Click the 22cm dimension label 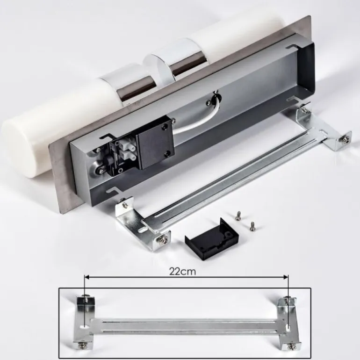coord(183,271)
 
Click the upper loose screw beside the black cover coord(238,216)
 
